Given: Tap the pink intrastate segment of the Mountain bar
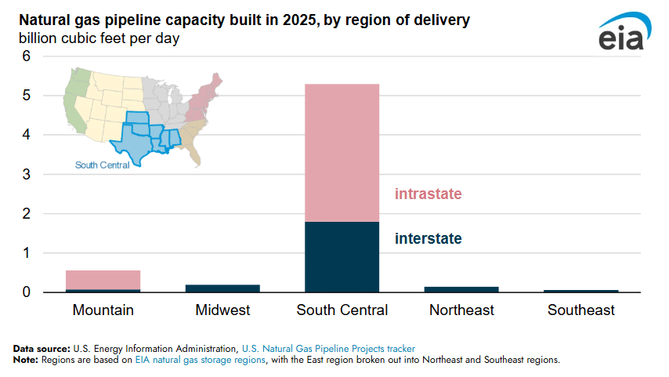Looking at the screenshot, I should click(x=103, y=280).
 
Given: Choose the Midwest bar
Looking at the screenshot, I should click(x=222, y=288).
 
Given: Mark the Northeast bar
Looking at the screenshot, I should click(x=461, y=289).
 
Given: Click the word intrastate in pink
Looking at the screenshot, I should click(x=428, y=194).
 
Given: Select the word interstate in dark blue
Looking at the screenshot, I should click(x=428, y=238).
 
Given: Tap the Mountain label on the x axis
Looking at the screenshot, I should click(x=103, y=310).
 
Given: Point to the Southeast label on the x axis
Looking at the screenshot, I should click(x=581, y=310).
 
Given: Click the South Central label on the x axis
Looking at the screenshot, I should click(x=342, y=310).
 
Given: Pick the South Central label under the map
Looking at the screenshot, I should click(x=103, y=165).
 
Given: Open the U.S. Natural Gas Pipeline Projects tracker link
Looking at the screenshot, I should click(x=328, y=347).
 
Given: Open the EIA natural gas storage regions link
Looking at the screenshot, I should click(x=206, y=360).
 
